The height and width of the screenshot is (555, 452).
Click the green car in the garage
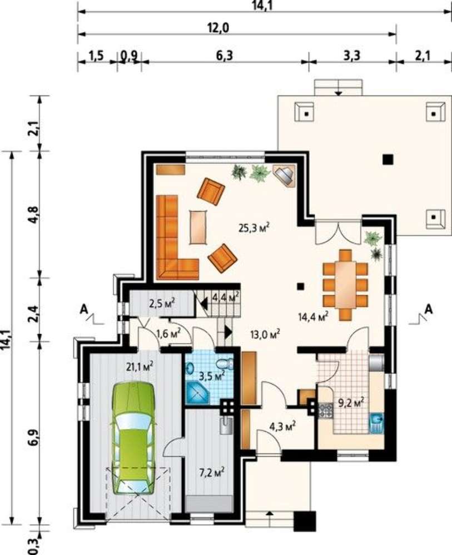tap(134, 438)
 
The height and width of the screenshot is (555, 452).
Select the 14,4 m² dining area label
tap(312, 316)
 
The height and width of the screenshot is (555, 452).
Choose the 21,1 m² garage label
tap(140, 366)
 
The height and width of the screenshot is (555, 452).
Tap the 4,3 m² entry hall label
tap(283, 426)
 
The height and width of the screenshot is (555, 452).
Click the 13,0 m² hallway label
tap(266, 334)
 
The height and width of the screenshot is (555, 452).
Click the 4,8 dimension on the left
tap(34, 214)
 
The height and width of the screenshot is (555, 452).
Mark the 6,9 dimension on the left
tap(34, 438)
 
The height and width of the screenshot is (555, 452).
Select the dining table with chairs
tap(345, 285)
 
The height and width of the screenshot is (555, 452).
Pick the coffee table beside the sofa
tap(198, 227)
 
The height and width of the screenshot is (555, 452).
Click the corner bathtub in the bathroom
tap(197, 393)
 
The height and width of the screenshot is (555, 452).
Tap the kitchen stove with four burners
tap(326, 410)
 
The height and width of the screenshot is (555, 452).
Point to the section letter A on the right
tap(429, 309)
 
